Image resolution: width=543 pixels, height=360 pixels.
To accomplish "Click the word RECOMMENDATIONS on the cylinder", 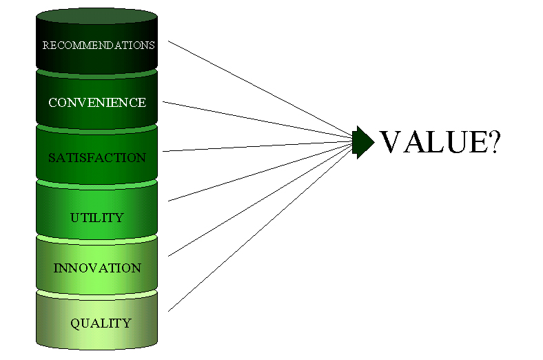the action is click(99, 46).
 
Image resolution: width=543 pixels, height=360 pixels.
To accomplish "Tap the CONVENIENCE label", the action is click(97, 103).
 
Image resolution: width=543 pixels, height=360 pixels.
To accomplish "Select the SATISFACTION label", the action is click(97, 158).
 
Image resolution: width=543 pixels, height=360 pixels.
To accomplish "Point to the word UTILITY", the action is click(97, 218).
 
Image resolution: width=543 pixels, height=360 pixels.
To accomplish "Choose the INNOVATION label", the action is click(97, 268).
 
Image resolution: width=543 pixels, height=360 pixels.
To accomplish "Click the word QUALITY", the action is click(101, 323).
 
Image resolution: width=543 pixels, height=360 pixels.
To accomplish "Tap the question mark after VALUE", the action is click(493, 141).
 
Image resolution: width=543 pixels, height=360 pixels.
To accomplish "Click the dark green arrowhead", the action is click(363, 142).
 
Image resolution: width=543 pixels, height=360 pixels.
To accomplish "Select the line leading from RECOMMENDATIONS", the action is click(260, 88).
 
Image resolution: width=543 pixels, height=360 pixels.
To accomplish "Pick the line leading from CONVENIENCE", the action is click(258, 120).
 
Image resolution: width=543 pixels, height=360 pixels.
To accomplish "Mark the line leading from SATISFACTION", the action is click(258, 146).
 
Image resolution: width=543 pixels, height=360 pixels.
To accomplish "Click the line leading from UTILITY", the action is click(260, 172).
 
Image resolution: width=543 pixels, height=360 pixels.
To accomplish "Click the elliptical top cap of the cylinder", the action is click(97, 16).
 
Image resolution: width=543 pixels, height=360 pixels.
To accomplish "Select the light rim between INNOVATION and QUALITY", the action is click(97, 295).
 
